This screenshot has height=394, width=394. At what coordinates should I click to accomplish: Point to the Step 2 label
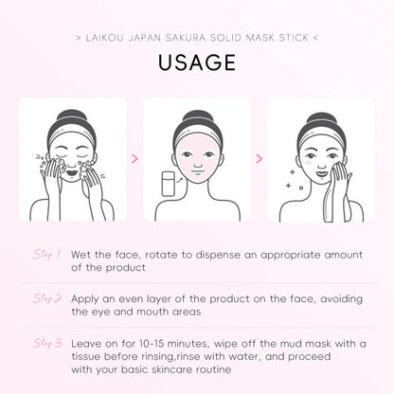pyautogui.click(x=46, y=297)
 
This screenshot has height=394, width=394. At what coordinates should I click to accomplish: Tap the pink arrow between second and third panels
pyautogui.click(x=259, y=159)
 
